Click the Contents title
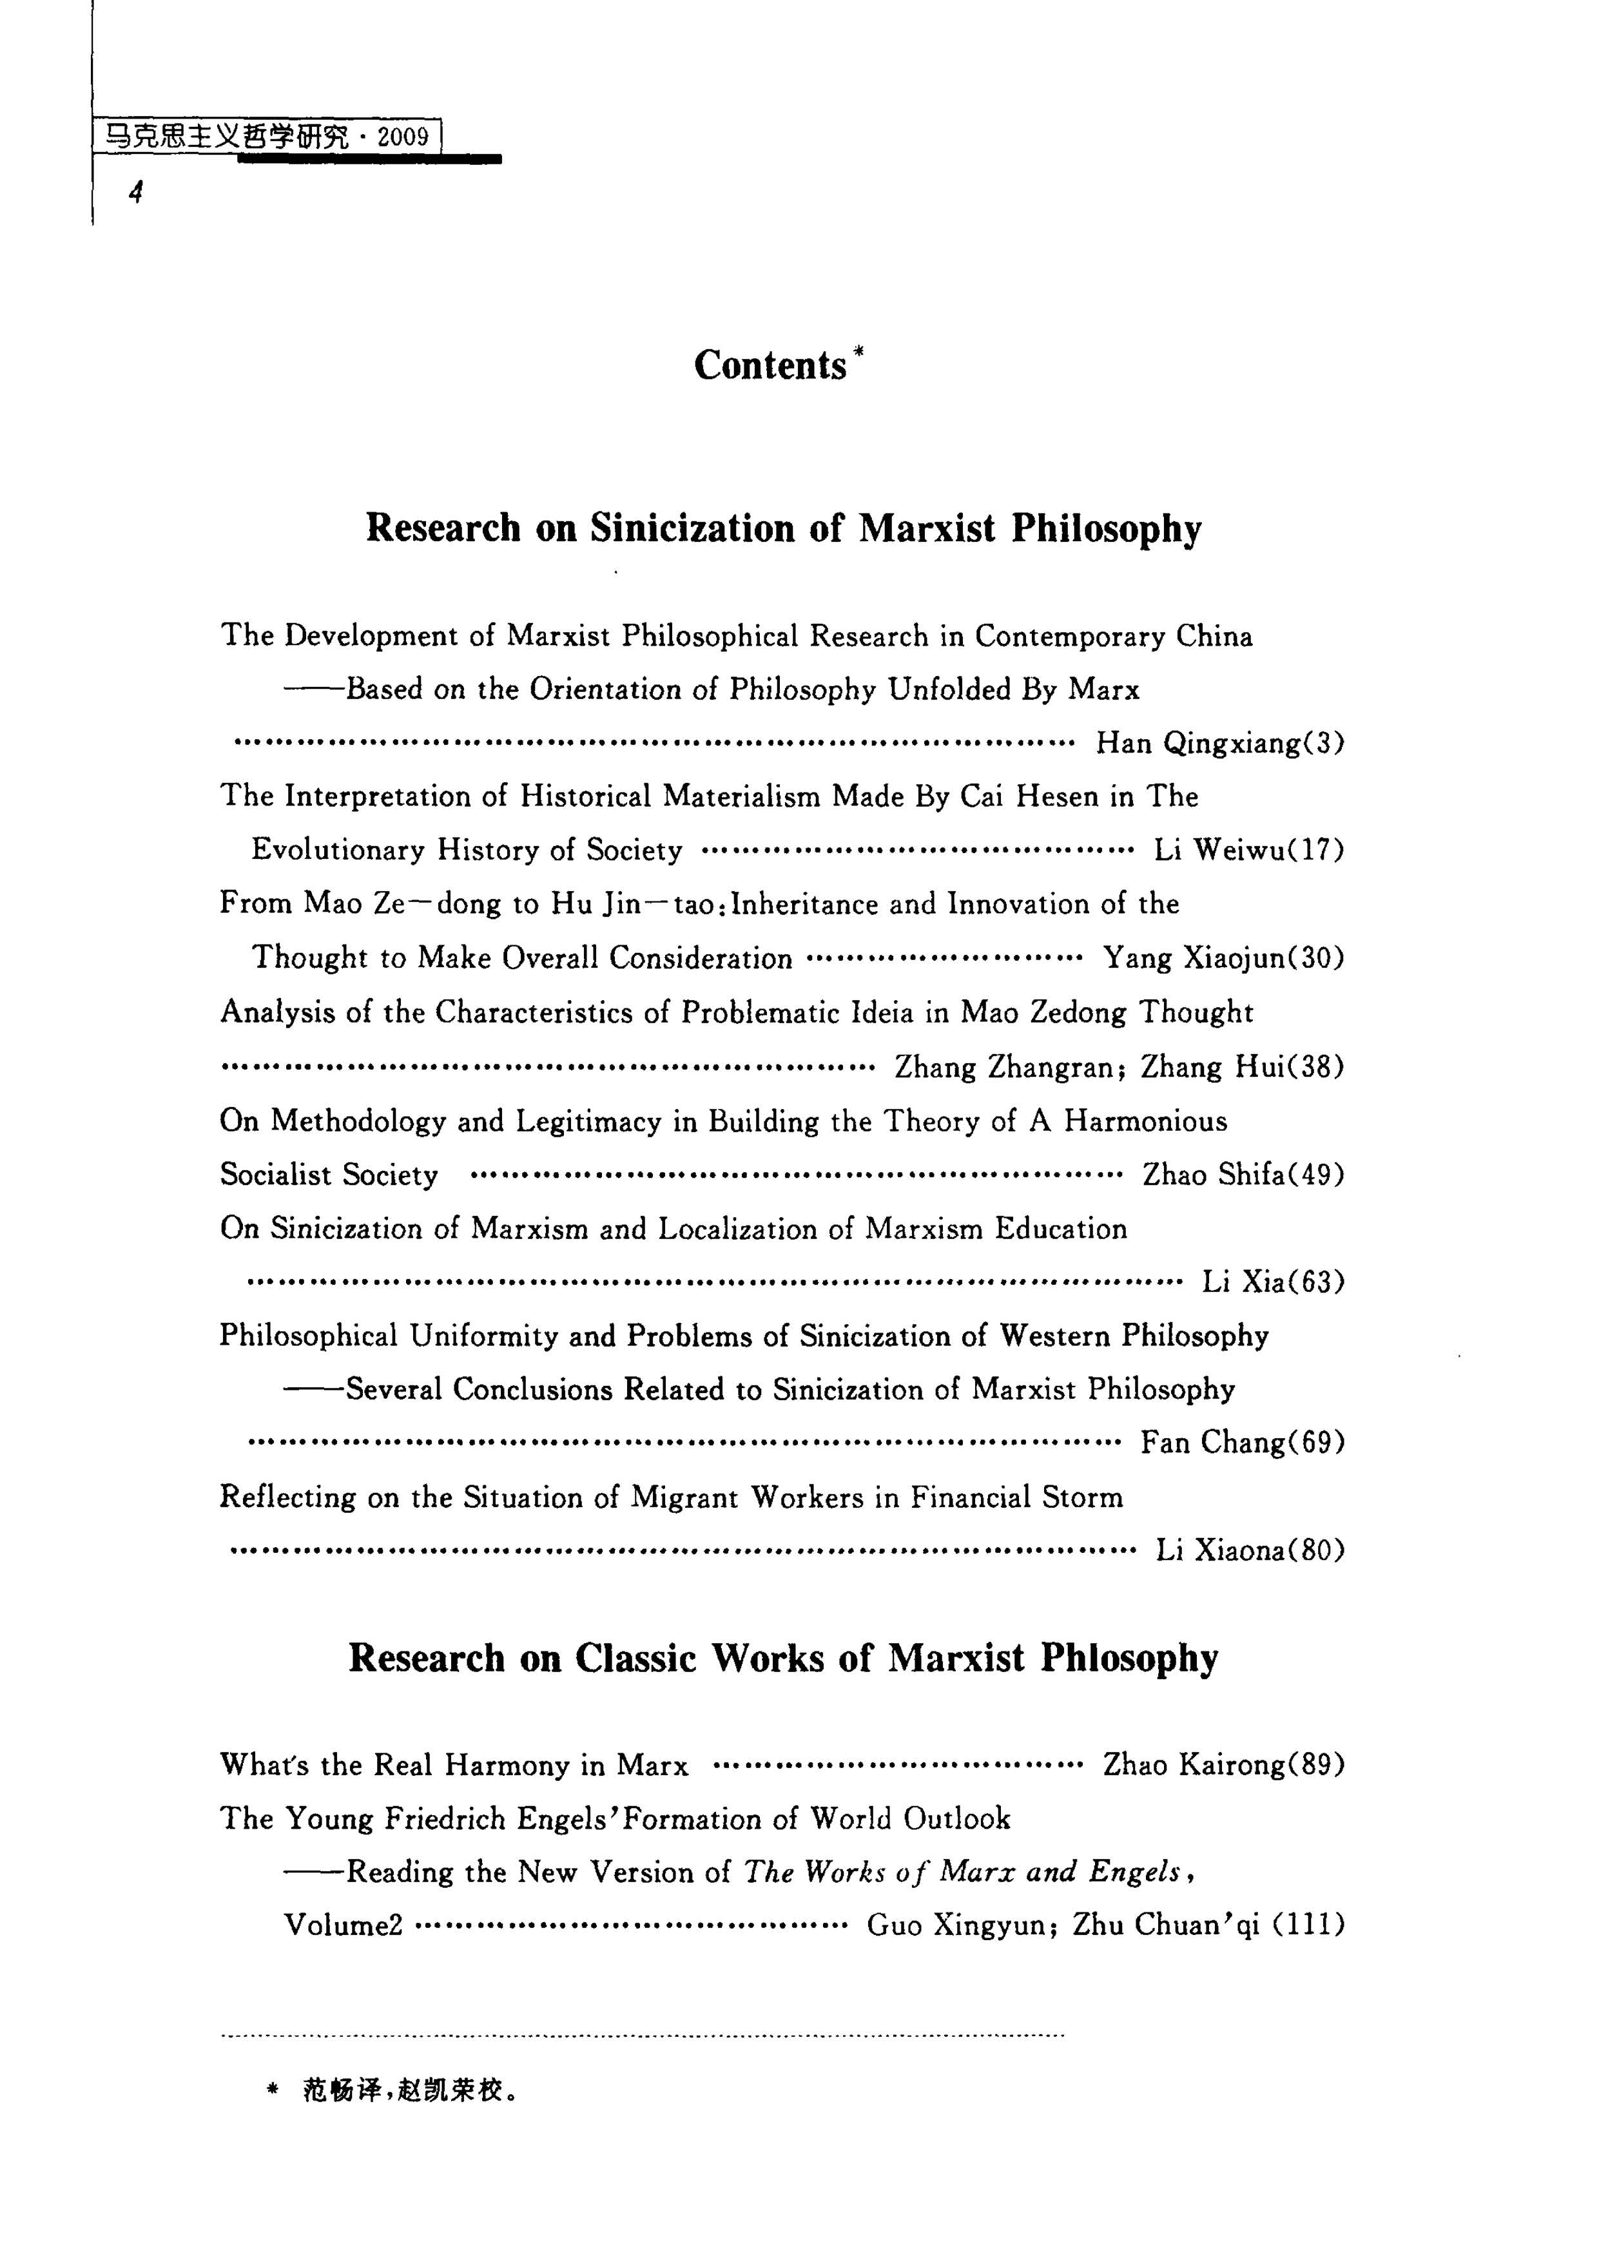click(x=770, y=365)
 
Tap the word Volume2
click(x=343, y=1925)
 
